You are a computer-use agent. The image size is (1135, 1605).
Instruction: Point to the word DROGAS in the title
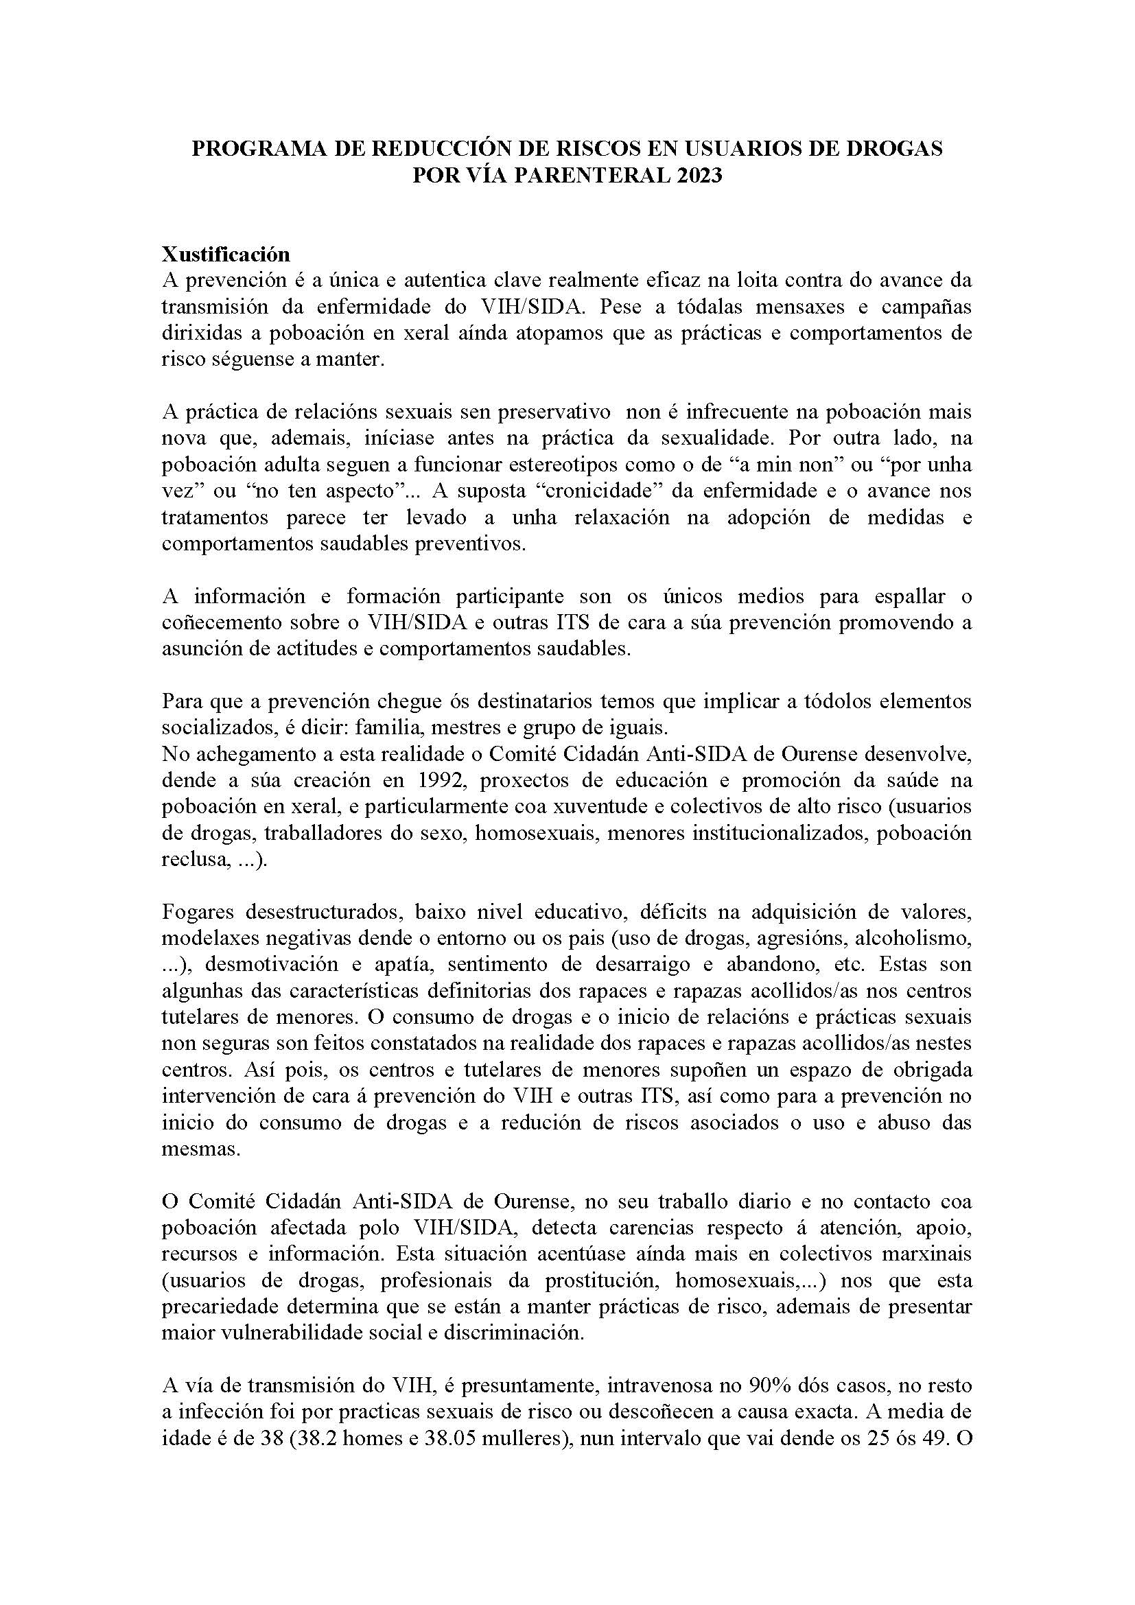coord(896,148)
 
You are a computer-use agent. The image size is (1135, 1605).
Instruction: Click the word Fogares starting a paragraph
coord(195,911)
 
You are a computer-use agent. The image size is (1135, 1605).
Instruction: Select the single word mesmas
coord(200,1150)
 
